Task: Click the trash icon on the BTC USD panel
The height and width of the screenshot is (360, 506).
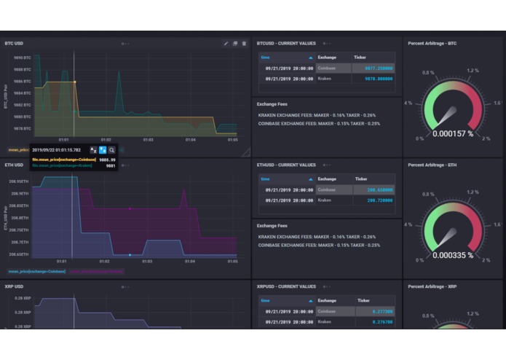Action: pos(244,43)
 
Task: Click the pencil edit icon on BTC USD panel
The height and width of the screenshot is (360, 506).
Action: pos(226,43)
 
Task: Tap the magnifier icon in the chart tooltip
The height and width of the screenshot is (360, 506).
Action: pos(112,149)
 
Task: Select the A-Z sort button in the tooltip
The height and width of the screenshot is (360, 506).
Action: pos(94,149)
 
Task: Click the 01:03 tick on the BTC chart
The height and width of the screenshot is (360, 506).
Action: pos(148,140)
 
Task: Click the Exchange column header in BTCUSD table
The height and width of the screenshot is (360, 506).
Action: pos(327,56)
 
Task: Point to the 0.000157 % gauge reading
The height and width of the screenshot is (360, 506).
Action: pos(453,133)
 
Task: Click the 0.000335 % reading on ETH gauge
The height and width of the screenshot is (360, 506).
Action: pos(453,255)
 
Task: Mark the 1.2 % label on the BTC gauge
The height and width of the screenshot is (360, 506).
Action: pos(473,71)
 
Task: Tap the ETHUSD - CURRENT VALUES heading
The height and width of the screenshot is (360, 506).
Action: pos(287,165)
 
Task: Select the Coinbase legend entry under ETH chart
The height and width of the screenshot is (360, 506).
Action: pos(36,271)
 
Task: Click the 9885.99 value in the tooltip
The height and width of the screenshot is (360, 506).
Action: pos(106,160)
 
